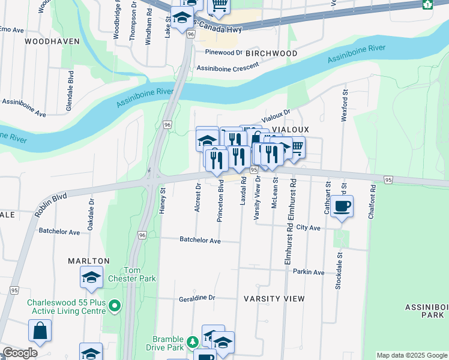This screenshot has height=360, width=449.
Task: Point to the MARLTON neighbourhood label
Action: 89,261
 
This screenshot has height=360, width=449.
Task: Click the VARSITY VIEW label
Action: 274,298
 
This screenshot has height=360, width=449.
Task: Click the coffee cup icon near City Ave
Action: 342,206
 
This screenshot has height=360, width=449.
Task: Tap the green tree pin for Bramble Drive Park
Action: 192,343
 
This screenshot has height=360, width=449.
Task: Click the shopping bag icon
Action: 40,331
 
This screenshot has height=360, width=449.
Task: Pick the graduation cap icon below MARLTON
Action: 91,277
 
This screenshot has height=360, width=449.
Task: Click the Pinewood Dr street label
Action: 223,52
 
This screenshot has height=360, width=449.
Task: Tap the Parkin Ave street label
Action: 309,272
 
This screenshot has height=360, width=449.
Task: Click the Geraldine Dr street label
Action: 196,298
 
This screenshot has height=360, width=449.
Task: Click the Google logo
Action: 20,353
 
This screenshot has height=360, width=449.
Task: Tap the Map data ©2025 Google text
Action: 411,355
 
